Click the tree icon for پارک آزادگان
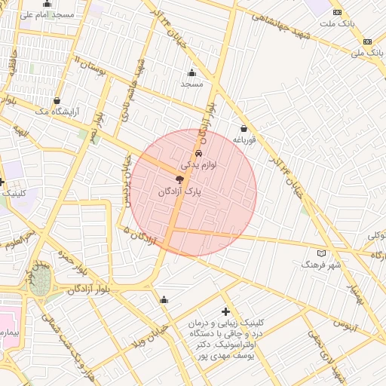tap(179, 179)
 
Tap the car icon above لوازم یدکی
tap(198, 152)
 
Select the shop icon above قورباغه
tap(244, 128)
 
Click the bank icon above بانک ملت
tap(337, 12)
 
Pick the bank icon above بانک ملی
tap(367, 41)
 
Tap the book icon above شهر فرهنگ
tap(322, 253)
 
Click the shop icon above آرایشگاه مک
tap(57, 100)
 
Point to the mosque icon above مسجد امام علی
tap(47, 4)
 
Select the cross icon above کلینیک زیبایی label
tap(225, 311)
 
